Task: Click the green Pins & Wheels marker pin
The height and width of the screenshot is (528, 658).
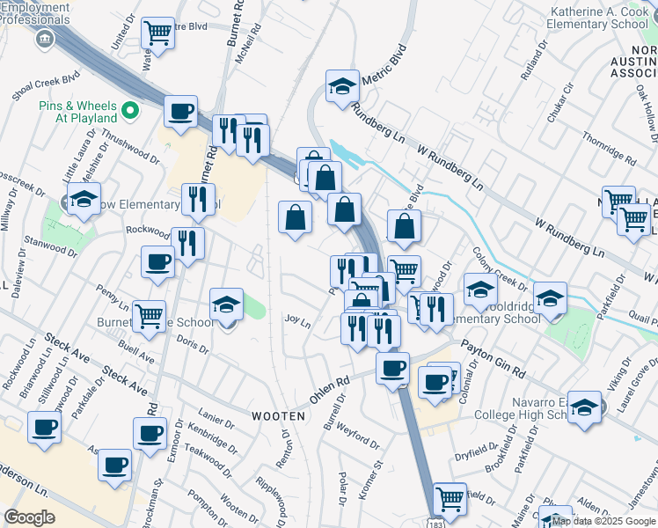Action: pyautogui.click(x=130, y=110)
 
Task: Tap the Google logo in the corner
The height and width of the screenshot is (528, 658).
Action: pyautogui.click(x=30, y=517)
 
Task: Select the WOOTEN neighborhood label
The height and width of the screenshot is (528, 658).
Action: pyautogui.click(x=278, y=415)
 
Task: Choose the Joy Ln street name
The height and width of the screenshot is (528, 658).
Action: pyautogui.click(x=298, y=322)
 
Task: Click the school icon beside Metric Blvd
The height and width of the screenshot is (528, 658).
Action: pyautogui.click(x=342, y=86)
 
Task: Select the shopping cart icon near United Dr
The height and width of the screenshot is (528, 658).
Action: pyautogui.click(x=157, y=33)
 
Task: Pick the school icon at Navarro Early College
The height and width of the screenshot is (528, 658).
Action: pyautogui.click(x=585, y=407)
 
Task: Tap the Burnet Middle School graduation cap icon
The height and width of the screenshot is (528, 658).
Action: pyautogui.click(x=226, y=305)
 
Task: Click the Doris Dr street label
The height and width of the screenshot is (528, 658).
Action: pyautogui.click(x=193, y=343)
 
